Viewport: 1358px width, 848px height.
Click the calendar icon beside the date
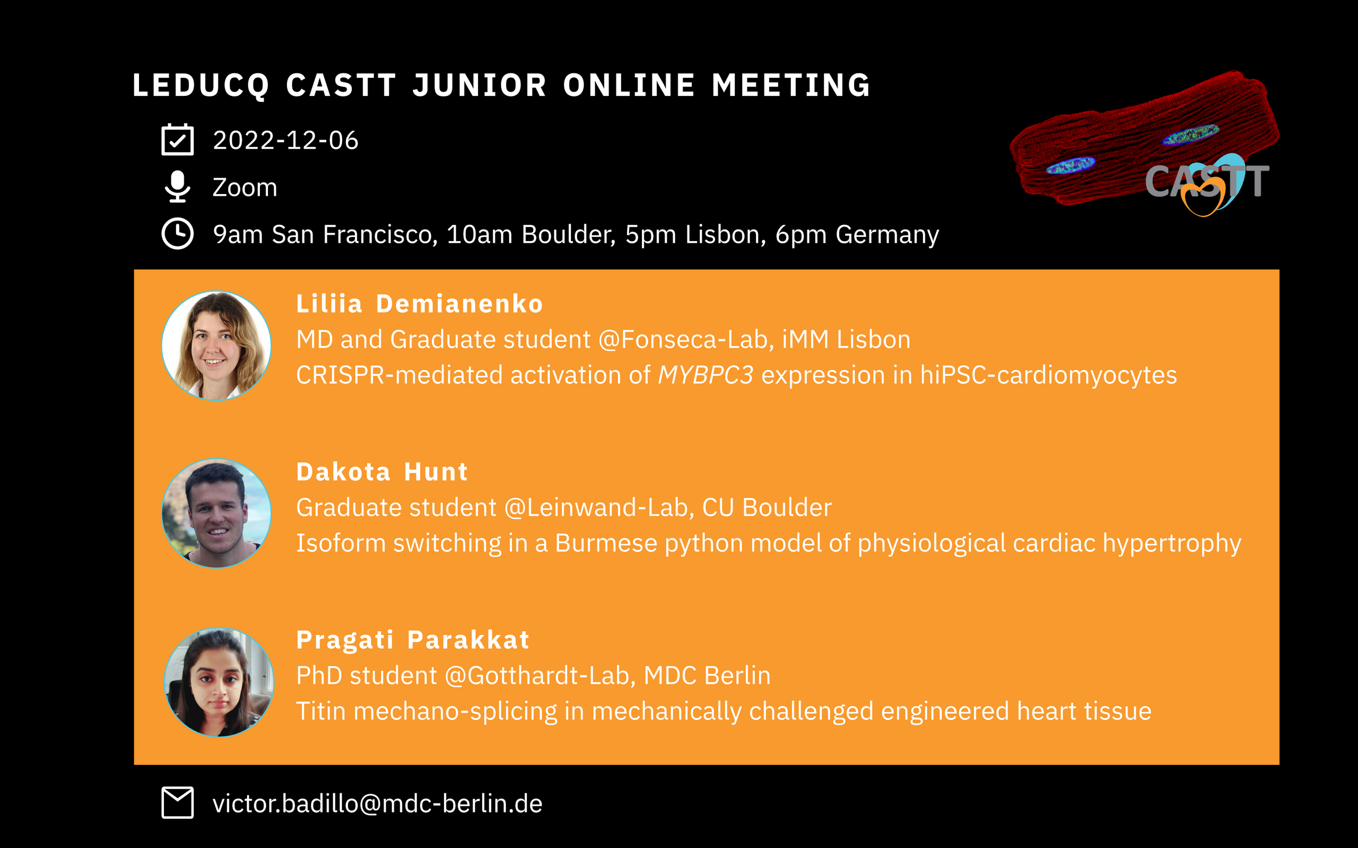tap(177, 139)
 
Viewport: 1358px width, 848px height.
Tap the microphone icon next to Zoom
tap(177, 186)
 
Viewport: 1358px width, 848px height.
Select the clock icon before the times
tap(177, 233)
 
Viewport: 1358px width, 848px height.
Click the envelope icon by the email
tap(177, 802)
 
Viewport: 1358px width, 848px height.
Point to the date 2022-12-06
tap(285, 140)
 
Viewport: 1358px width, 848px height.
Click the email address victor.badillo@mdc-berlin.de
tap(378, 803)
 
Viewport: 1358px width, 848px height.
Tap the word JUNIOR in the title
tap(479, 85)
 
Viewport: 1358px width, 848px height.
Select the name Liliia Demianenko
tap(420, 304)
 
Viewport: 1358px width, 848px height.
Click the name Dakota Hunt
tap(382, 472)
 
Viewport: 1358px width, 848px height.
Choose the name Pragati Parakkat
tap(413, 640)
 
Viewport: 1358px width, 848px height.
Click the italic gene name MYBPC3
tap(706, 375)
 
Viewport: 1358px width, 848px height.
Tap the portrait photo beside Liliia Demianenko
tap(216, 346)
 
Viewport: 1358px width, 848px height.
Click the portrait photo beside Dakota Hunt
tap(216, 514)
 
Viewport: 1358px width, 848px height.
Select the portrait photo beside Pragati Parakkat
tap(220, 682)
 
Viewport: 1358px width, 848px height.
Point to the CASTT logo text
tap(1206, 182)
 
